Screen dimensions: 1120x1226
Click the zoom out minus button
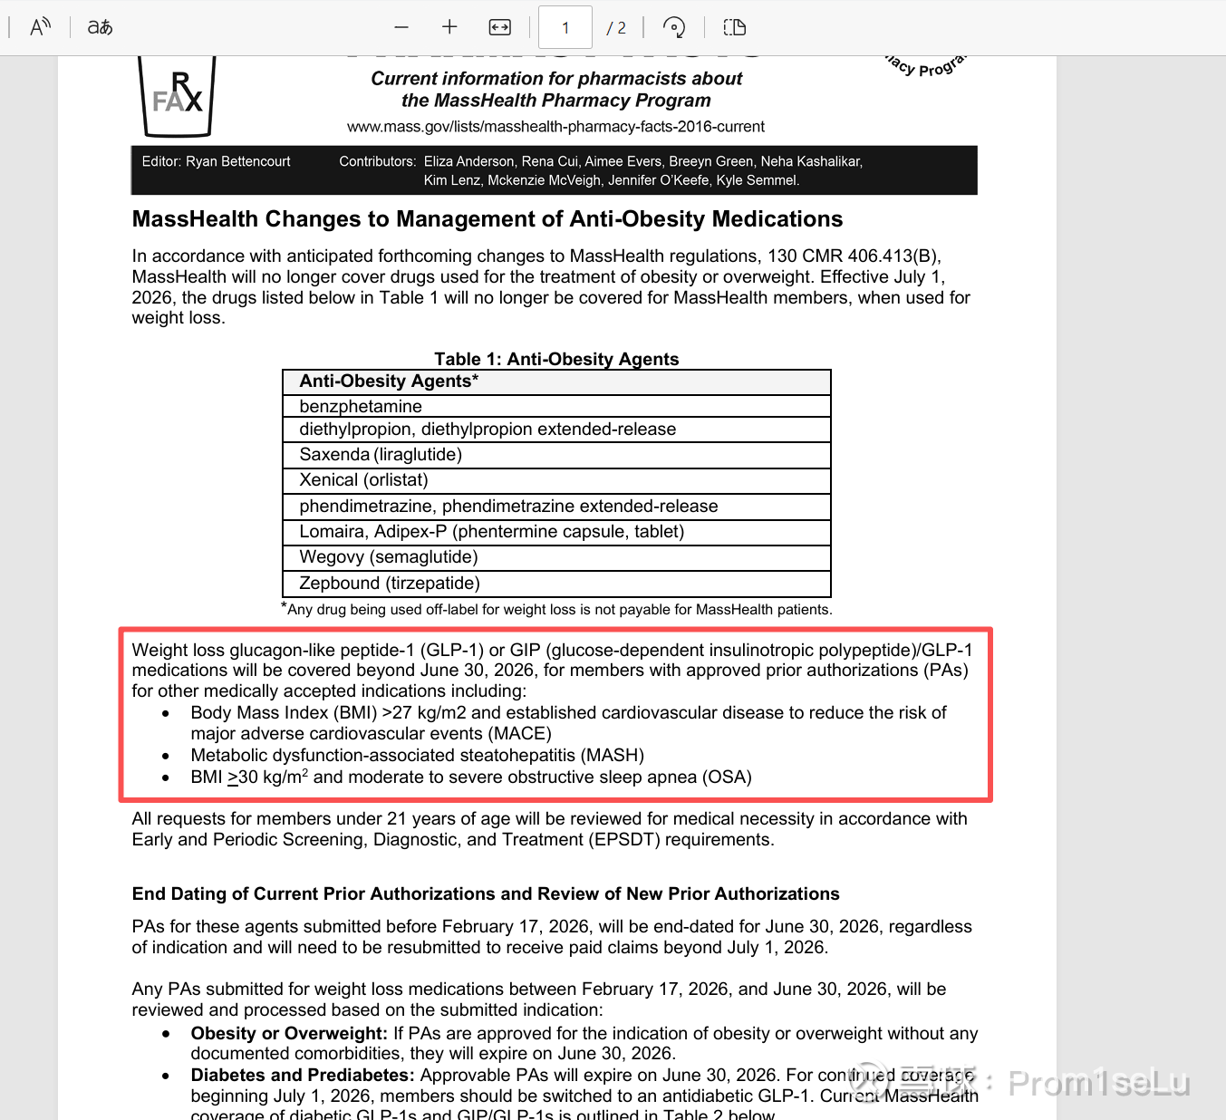pyautogui.click(x=401, y=27)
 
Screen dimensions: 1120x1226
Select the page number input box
pyautogui.click(x=565, y=27)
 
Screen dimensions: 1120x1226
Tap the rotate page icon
pyautogui.click(x=673, y=27)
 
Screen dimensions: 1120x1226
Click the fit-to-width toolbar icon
pyautogui.click(x=499, y=27)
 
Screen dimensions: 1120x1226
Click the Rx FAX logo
pyautogui.click(x=177, y=94)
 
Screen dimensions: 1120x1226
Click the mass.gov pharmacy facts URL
pyautogui.click(x=555, y=126)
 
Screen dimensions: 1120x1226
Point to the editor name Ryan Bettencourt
pyautogui.click(x=237, y=161)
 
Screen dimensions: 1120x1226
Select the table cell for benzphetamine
pyautogui.click(x=361, y=406)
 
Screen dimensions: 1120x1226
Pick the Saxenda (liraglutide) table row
pyautogui.click(x=381, y=454)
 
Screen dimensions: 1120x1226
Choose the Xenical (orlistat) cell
pyautogui.click(x=363, y=479)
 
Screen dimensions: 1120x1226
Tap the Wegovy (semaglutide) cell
pyautogui.click(x=388, y=556)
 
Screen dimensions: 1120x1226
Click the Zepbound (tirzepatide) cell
pyautogui.click(x=390, y=583)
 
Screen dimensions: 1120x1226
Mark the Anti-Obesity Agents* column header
pyautogui.click(x=389, y=381)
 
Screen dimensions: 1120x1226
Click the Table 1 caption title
pyautogui.click(x=556, y=359)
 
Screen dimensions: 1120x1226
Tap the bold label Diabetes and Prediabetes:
pyautogui.click(x=303, y=1075)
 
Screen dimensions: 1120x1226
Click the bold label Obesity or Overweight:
pyautogui.click(x=289, y=1033)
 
